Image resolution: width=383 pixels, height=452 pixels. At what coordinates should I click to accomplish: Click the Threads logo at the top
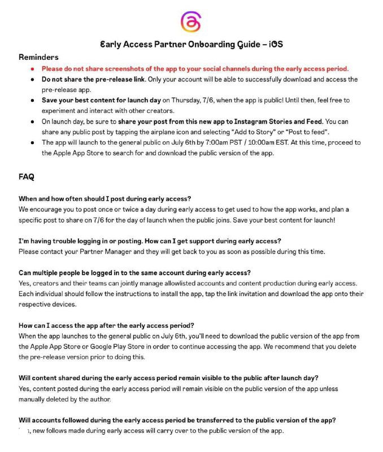tap(191, 22)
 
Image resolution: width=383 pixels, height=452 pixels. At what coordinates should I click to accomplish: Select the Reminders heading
tap(38, 57)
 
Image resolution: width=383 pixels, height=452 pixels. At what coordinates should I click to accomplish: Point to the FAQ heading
tap(26, 177)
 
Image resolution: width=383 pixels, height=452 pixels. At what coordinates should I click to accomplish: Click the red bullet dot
tap(33, 68)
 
